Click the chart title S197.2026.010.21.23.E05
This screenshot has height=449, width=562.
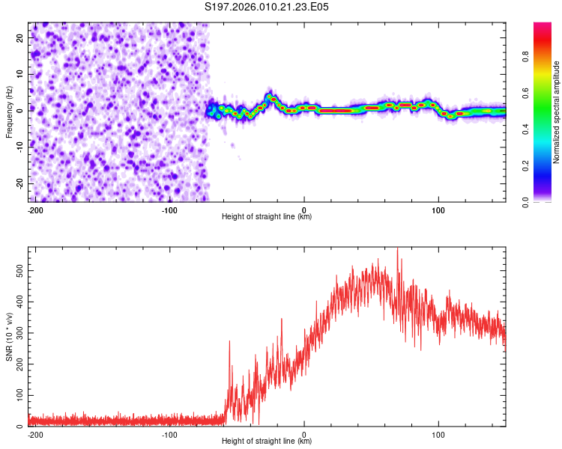(x=267, y=7)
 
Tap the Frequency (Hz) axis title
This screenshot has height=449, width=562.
(x=9, y=112)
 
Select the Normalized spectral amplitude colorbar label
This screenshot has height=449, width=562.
(x=556, y=112)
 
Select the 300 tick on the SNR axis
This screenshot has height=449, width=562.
(x=18, y=332)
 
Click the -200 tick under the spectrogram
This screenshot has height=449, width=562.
(x=34, y=210)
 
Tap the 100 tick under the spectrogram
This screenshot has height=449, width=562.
(x=438, y=210)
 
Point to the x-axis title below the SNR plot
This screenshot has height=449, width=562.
(x=267, y=442)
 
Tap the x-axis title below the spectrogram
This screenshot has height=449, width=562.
(x=267, y=217)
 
